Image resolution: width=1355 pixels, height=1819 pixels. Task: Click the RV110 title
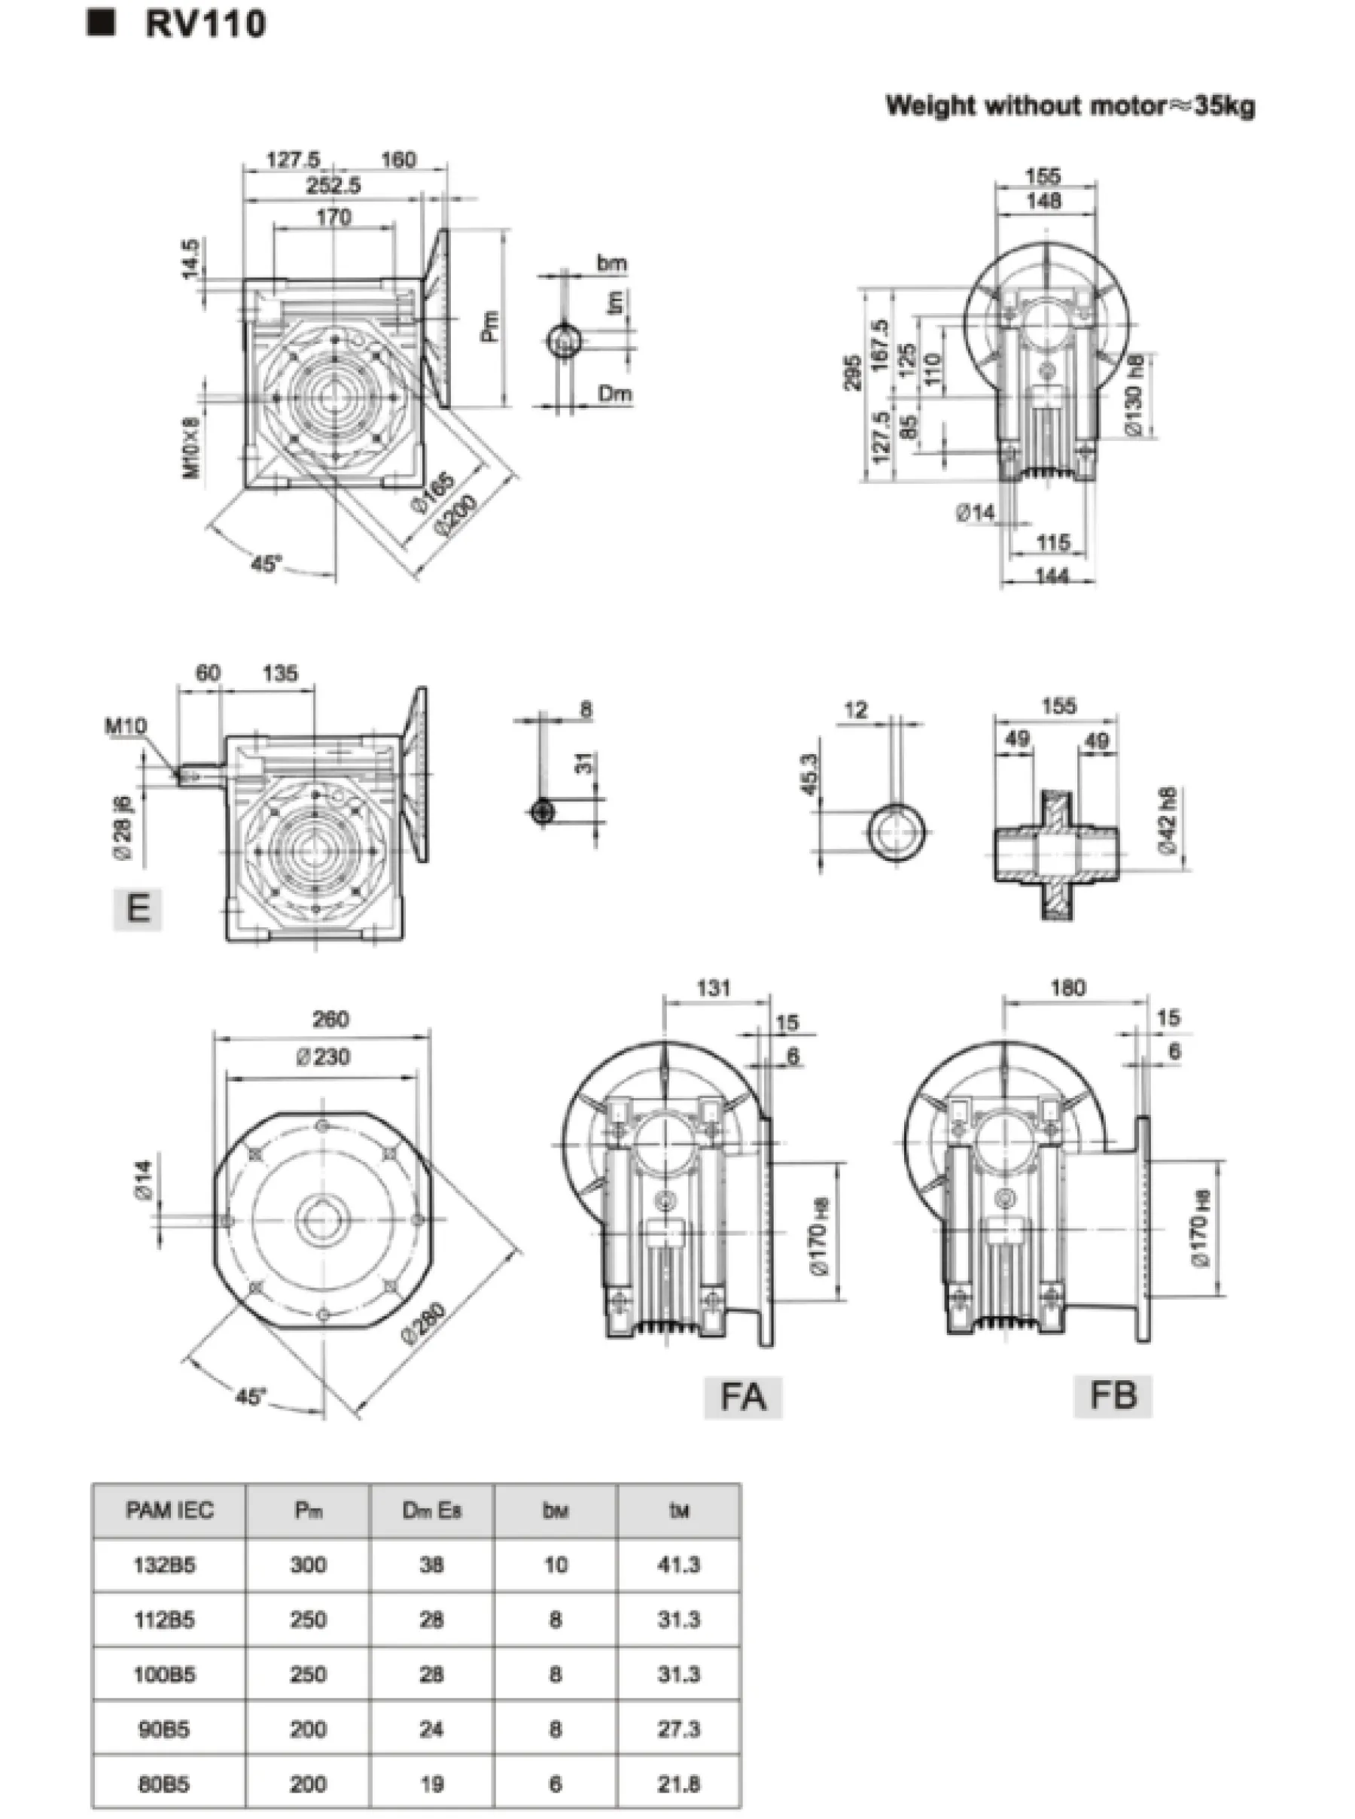pyautogui.click(x=205, y=25)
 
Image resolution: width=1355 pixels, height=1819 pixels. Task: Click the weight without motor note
pyautogui.click(x=1070, y=106)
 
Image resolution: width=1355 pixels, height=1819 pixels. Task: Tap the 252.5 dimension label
pyautogui.click(x=333, y=185)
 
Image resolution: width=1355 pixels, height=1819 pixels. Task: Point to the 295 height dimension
pyautogui.click(x=854, y=373)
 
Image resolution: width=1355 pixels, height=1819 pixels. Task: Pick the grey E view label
pyautogui.click(x=138, y=908)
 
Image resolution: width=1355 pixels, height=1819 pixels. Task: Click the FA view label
pyautogui.click(x=743, y=1397)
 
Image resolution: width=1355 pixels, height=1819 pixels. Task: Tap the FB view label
pyautogui.click(x=1113, y=1395)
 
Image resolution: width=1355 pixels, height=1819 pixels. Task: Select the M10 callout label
pyautogui.click(x=126, y=725)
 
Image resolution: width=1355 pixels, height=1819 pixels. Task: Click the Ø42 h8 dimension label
pyautogui.click(x=1169, y=821)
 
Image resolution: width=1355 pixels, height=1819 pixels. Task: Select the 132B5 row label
pyautogui.click(x=165, y=1565)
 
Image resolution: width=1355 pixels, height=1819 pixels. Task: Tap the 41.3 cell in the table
pyautogui.click(x=678, y=1565)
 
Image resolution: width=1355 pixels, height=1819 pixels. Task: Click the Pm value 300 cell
pyautogui.click(x=308, y=1565)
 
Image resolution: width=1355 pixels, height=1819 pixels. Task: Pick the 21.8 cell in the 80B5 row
pyautogui.click(x=678, y=1784)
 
